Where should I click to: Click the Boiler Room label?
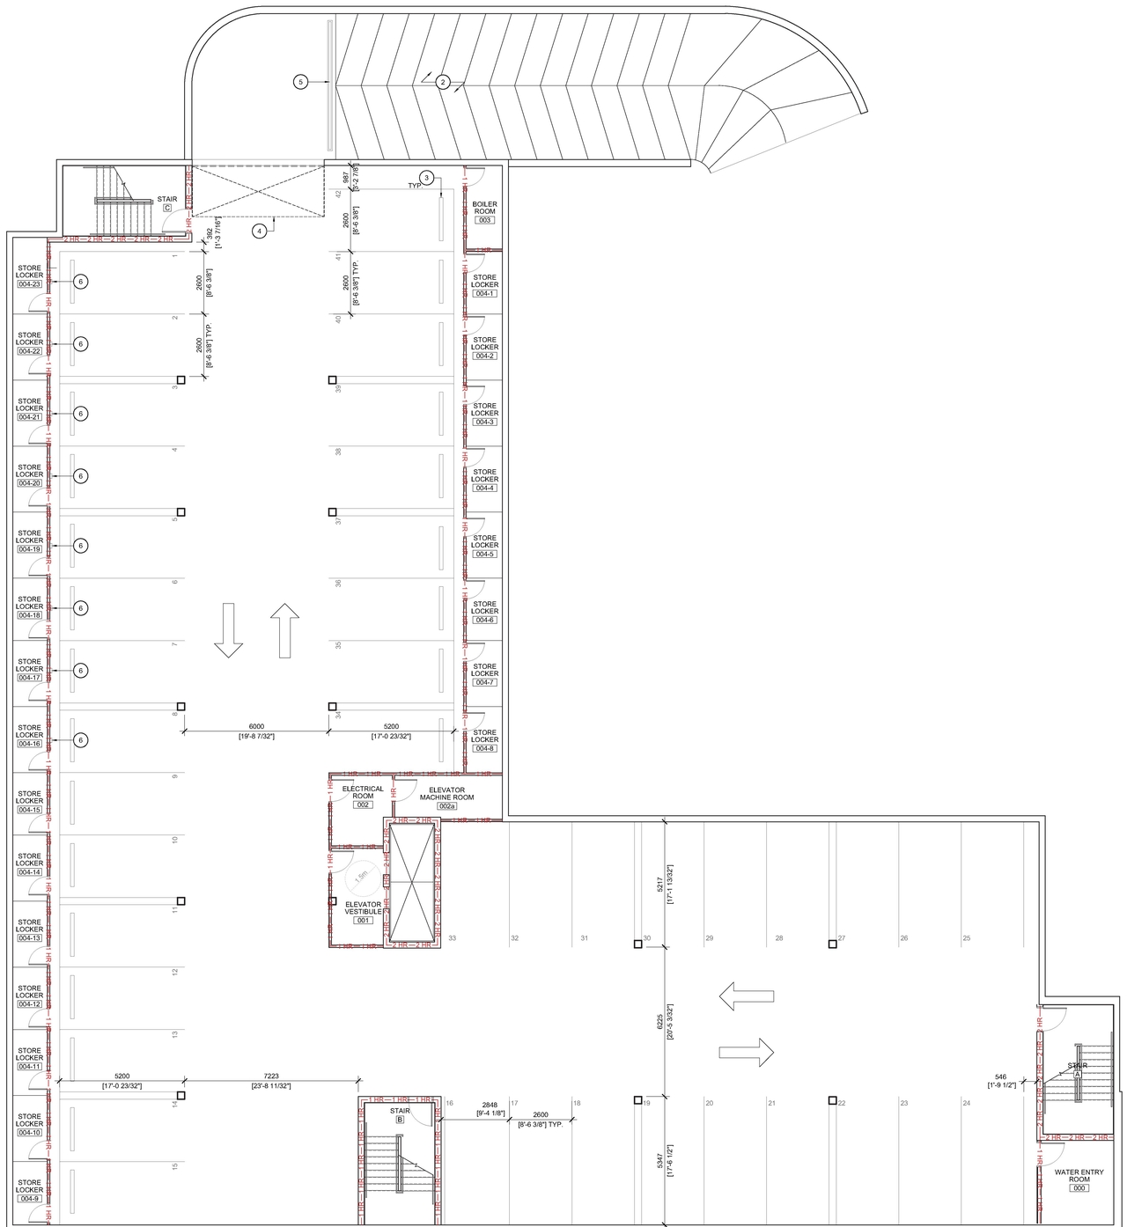click(484, 208)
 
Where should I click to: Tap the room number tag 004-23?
click(29, 284)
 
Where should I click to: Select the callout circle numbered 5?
click(300, 82)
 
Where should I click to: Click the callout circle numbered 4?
click(259, 231)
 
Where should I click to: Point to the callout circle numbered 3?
click(427, 178)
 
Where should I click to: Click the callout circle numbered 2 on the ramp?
click(443, 82)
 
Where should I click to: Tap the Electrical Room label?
click(362, 792)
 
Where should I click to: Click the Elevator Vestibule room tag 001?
click(362, 920)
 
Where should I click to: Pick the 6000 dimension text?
click(256, 726)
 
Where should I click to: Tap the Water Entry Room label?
click(1079, 1175)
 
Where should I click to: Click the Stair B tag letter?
click(400, 1120)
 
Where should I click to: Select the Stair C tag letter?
click(167, 208)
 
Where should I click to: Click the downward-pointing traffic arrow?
click(228, 630)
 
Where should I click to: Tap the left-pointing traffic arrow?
click(746, 996)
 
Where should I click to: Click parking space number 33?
click(452, 938)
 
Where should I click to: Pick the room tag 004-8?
click(484, 748)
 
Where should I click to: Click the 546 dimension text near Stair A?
click(1000, 1076)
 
